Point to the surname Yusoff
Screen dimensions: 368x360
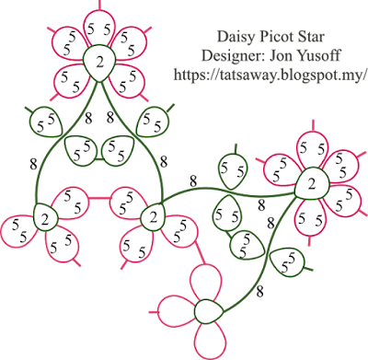320,55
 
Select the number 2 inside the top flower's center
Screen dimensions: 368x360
99,63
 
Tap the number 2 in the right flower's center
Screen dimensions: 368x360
312,184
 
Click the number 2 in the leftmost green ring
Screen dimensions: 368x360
45,220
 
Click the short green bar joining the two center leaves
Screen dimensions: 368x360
99,159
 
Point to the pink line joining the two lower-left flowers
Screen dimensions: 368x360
99,198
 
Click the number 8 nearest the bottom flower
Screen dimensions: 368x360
259,292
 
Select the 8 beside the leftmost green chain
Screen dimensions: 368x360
33,164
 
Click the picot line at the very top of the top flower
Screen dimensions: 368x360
99,5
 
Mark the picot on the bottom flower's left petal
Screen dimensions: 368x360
154,312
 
